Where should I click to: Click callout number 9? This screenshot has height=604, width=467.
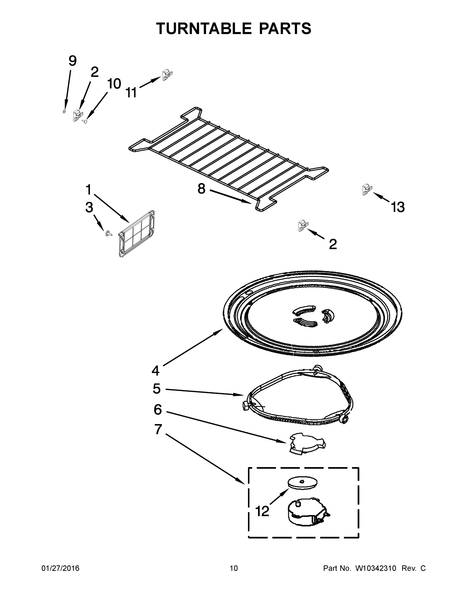pyautogui.click(x=73, y=61)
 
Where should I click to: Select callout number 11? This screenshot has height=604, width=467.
pyautogui.click(x=131, y=93)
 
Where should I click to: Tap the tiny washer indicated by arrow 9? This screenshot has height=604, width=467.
pyautogui.click(x=64, y=111)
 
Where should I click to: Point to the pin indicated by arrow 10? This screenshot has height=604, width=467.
pyautogui.click(x=85, y=121)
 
